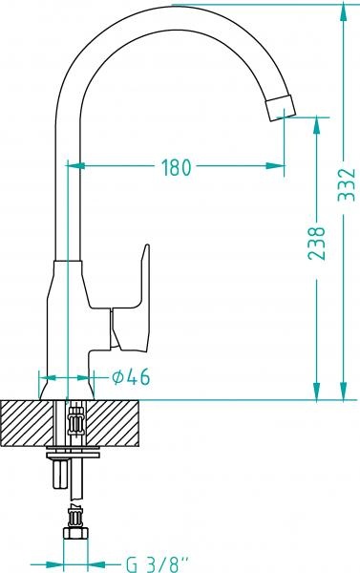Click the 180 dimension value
177,167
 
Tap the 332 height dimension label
347,185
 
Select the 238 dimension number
316,244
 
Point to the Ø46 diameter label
131,377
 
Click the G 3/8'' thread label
159,564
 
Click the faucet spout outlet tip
280,108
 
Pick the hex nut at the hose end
75,534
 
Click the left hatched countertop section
26,423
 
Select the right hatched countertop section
113,423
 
